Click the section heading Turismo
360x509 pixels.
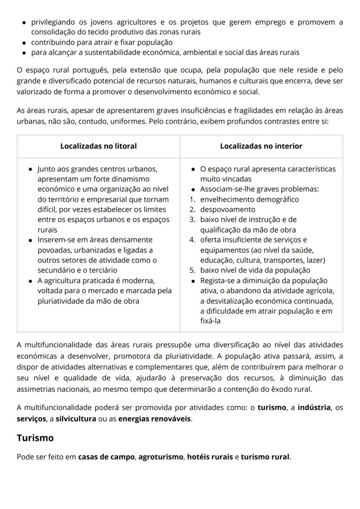(x=35, y=438)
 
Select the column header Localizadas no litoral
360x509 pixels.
(x=98, y=146)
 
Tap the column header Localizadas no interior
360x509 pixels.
(x=261, y=146)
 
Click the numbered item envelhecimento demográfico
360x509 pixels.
(x=249, y=199)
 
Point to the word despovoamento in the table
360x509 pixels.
(x=227, y=209)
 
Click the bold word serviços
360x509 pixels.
(x=31, y=419)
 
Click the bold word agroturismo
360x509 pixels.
(x=160, y=457)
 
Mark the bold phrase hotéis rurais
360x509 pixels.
(x=210, y=457)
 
